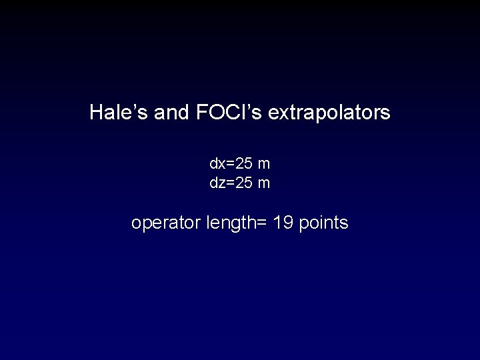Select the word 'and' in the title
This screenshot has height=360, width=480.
click(171, 113)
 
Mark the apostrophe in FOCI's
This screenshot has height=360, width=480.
click(251, 107)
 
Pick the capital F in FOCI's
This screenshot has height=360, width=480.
click(201, 113)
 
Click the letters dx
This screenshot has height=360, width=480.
click(217, 163)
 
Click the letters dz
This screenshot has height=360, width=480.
click(217, 183)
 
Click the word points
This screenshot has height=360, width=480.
click(324, 223)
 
